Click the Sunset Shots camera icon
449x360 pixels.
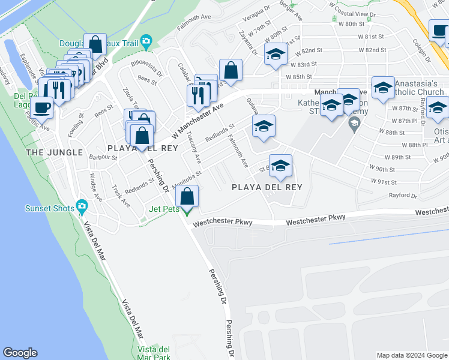[82, 208]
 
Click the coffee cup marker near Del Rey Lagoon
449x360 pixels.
[42, 107]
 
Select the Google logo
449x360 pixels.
[20, 353]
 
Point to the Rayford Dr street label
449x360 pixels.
[402, 195]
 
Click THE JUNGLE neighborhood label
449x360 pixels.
[54, 152]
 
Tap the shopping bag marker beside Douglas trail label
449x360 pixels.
[95, 44]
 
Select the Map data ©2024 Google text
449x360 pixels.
[412, 355]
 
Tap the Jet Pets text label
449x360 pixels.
[164, 209]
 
